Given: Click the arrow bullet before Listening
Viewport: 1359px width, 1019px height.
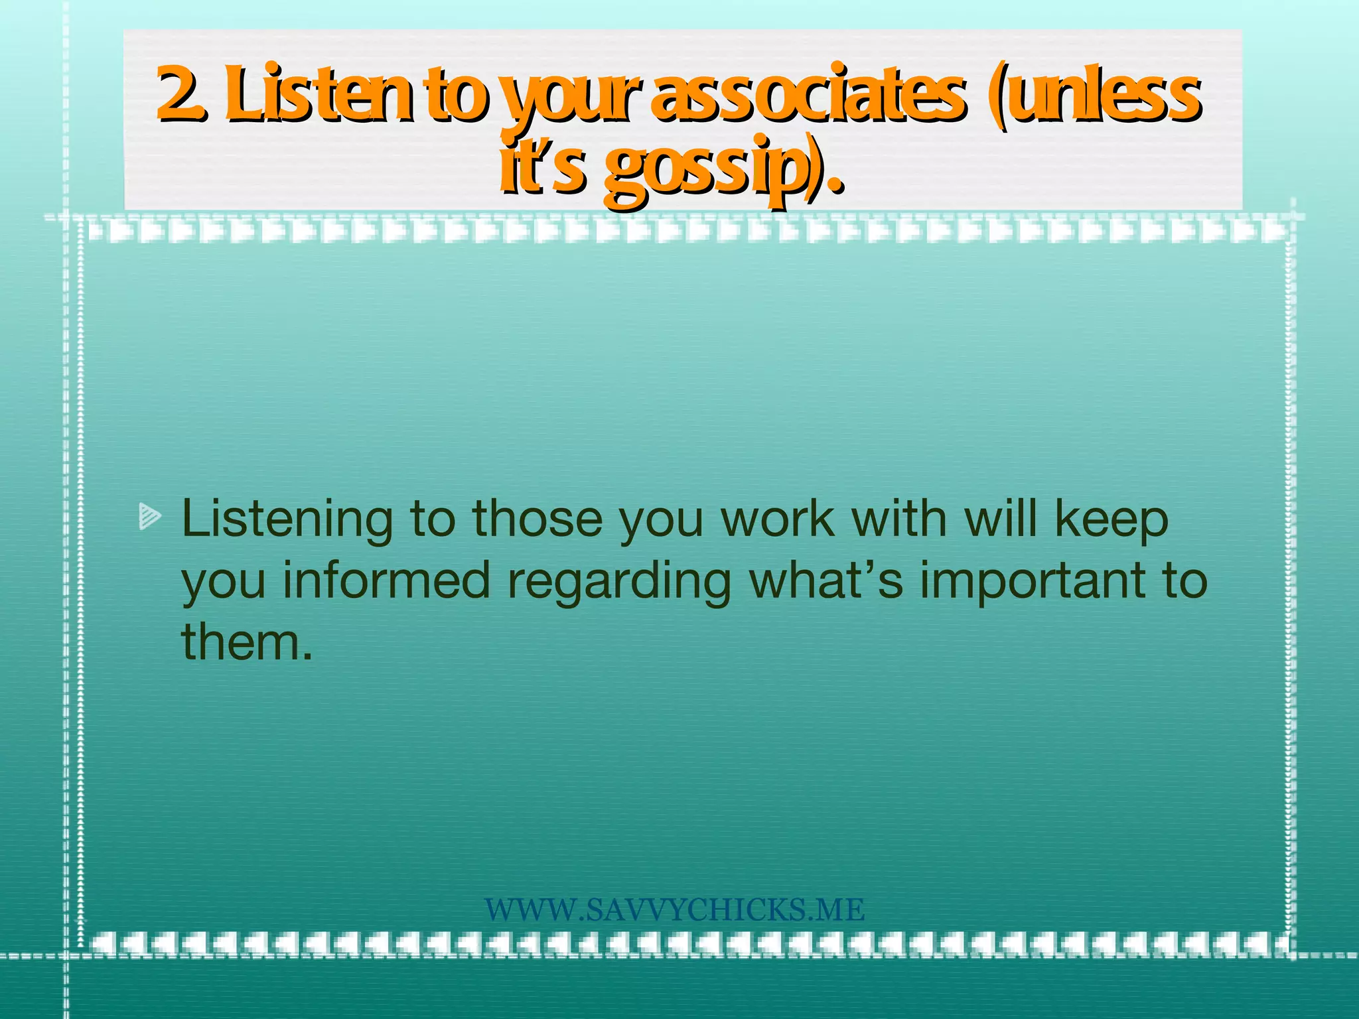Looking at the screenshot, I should click(x=150, y=517).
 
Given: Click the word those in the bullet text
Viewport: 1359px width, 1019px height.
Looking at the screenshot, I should click(x=537, y=519).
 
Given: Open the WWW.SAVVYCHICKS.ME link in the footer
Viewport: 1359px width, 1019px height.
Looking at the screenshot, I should click(x=674, y=910).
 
